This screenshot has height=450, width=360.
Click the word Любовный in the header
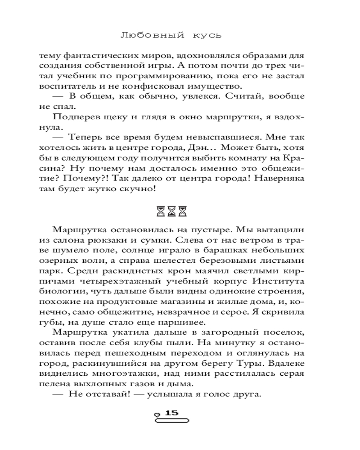(149, 35)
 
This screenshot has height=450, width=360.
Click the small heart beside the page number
(157, 414)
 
